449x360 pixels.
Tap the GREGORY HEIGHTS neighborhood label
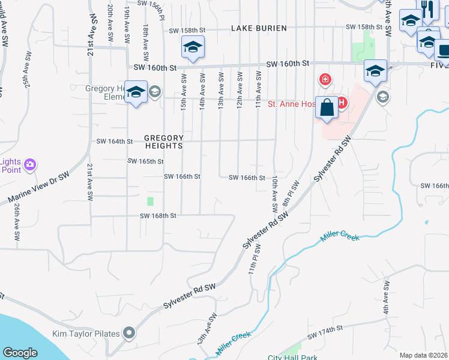[x=163, y=141]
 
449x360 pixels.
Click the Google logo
[x=20, y=353]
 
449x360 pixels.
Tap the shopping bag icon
[x=327, y=108]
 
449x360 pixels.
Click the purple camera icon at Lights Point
[x=30, y=164]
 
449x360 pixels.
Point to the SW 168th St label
[x=158, y=216]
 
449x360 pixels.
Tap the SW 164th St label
[x=114, y=142]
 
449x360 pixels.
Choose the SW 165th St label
[x=146, y=161]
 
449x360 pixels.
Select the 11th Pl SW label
[x=255, y=259]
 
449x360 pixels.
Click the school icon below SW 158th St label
[x=193, y=47]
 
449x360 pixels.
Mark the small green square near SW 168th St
[x=150, y=201]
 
